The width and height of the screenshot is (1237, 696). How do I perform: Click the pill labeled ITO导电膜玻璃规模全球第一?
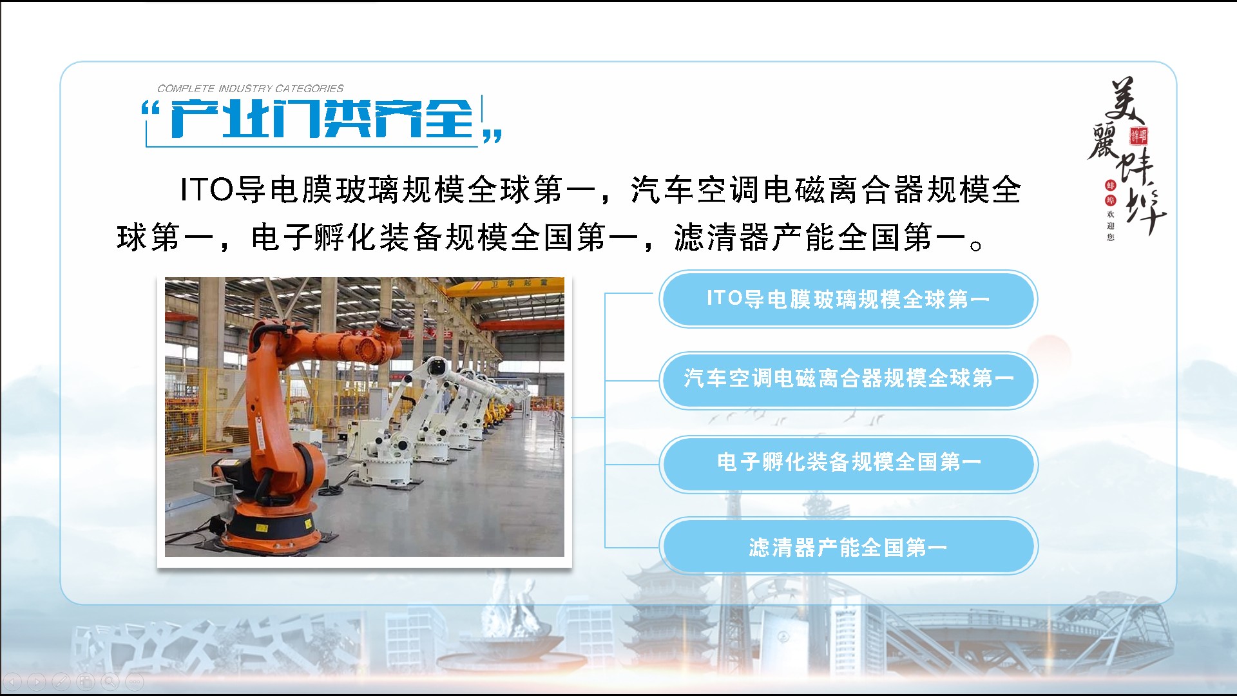tap(848, 299)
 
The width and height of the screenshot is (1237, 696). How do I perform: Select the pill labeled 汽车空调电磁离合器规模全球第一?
tap(848, 380)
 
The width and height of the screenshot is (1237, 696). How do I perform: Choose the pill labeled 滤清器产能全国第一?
tap(848, 546)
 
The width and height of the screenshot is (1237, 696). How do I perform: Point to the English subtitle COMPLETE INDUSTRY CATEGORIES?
tap(251, 88)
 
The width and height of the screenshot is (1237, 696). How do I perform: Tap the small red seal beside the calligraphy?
tap(1138, 136)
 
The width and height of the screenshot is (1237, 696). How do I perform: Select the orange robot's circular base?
tap(271, 525)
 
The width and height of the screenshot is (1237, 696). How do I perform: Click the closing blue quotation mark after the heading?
tap(493, 135)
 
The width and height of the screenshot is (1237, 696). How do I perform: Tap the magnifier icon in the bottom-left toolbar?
tap(110, 681)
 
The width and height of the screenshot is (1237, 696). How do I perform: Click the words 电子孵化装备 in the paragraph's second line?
tap(348, 238)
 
